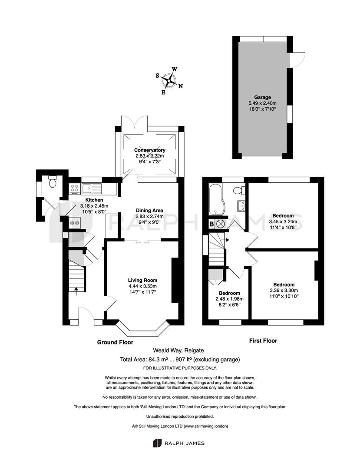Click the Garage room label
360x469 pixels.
pyautogui.click(x=263, y=97)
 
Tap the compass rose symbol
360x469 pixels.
pyautogui.click(x=169, y=80)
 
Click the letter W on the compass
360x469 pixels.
pyautogui.click(x=175, y=69)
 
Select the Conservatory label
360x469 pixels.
pyautogui.click(x=149, y=150)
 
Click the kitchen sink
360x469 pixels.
pyautogui.click(x=92, y=188)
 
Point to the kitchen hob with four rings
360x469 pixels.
pyautogui.click(x=75, y=188)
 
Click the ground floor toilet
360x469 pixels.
pyautogui.click(x=53, y=181)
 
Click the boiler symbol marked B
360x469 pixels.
pyautogui.click(x=211, y=224)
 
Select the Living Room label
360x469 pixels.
pyautogui.click(x=142, y=280)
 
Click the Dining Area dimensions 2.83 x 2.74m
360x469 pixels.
pyautogui.click(x=149, y=216)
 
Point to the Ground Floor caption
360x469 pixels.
pyautogui.click(x=115, y=342)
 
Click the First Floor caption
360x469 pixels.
pyautogui.click(x=263, y=341)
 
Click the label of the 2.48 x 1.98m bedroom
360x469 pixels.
pyautogui.click(x=229, y=293)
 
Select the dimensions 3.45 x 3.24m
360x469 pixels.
pyautogui.click(x=283, y=221)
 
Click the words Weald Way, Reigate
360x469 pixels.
pyautogui.click(x=178, y=350)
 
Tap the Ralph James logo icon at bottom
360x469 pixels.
pyautogui.click(x=157, y=443)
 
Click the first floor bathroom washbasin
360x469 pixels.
pyautogui.click(x=241, y=205)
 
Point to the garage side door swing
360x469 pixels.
pyautogui.click(x=298, y=59)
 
